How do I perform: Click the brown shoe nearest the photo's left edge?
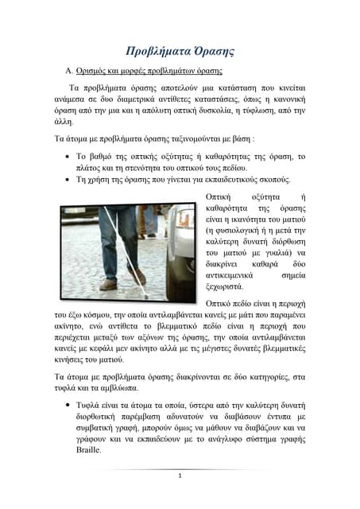(107, 285)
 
